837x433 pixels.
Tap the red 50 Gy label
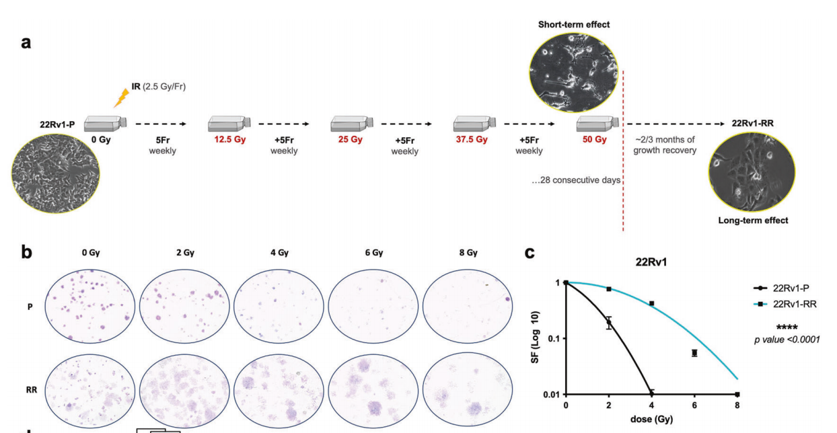(x=595, y=140)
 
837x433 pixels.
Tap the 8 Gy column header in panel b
(x=468, y=253)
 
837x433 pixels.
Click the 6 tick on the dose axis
(x=694, y=405)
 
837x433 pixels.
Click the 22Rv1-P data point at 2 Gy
(x=609, y=323)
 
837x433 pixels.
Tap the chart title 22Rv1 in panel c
(x=651, y=262)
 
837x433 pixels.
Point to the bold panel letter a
(x=26, y=42)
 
